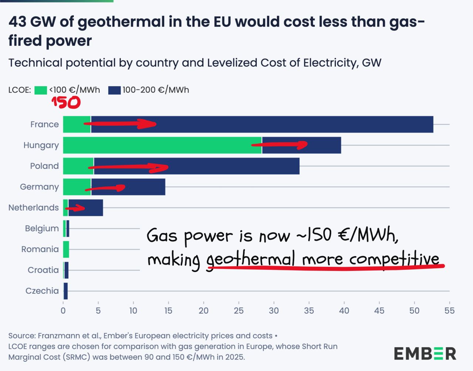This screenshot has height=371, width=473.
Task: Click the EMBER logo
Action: (425, 354)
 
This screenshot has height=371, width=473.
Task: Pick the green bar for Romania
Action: (66, 249)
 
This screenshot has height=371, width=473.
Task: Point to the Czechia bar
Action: (66, 291)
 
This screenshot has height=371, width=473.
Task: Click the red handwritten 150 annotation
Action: (66, 102)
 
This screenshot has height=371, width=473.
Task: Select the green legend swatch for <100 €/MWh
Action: (41, 90)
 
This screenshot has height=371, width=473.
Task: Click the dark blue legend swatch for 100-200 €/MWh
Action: (115, 90)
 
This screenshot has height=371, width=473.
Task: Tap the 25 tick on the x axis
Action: (239, 311)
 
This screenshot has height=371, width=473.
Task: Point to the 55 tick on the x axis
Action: (449, 311)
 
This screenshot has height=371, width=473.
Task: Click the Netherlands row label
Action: (34, 208)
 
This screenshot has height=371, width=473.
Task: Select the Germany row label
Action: (39, 187)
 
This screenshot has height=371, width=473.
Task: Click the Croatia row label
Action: (43, 270)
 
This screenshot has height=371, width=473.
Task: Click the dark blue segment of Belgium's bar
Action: (68, 228)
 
